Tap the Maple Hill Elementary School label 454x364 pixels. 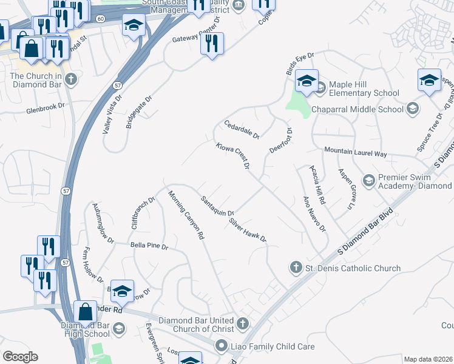[x=364, y=89]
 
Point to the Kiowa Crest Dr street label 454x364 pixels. [x=233, y=156]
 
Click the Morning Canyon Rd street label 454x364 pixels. [x=186, y=216]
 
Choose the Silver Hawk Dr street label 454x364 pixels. [x=248, y=230]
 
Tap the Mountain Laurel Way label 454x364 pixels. [x=355, y=153]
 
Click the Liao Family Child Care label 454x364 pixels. [x=273, y=346]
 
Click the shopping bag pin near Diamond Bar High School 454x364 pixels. [x=86, y=312]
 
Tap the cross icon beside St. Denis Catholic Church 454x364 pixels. [x=296, y=268]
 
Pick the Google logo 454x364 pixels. [x=20, y=357]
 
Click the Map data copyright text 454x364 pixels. [x=429, y=359]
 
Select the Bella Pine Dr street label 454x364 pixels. [x=149, y=247]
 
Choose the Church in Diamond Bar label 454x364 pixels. [x=36, y=80]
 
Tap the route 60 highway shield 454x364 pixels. [x=100, y=19]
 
